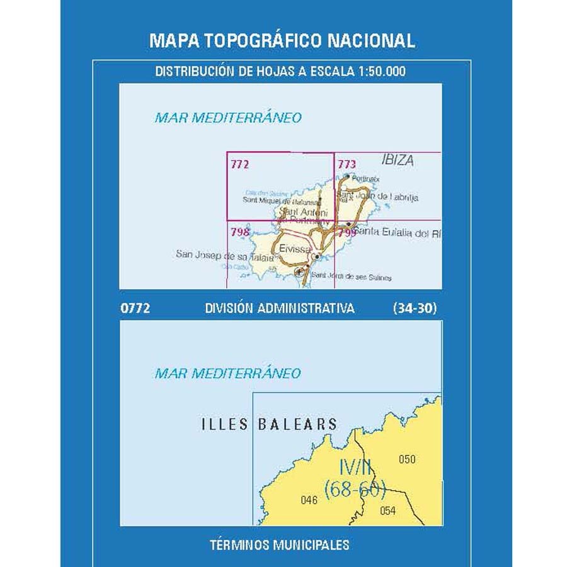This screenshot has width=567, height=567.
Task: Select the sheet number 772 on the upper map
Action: click(240, 165)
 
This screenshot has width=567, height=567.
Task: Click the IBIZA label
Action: click(398, 161)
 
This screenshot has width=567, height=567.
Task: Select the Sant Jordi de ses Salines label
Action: click(352, 277)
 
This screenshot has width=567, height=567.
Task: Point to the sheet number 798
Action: click(240, 232)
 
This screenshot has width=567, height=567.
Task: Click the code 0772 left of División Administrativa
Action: click(134, 309)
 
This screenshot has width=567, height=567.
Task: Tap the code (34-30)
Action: click(415, 309)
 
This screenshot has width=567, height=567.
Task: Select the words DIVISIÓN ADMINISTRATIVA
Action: click(280, 309)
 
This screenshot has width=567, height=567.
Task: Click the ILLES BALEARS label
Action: click(269, 425)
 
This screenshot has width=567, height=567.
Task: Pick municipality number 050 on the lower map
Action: click(407, 459)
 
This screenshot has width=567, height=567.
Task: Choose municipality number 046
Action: click(309, 501)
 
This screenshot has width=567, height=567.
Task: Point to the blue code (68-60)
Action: click(354, 489)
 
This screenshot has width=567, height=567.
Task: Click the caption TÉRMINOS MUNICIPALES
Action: click(280, 544)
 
